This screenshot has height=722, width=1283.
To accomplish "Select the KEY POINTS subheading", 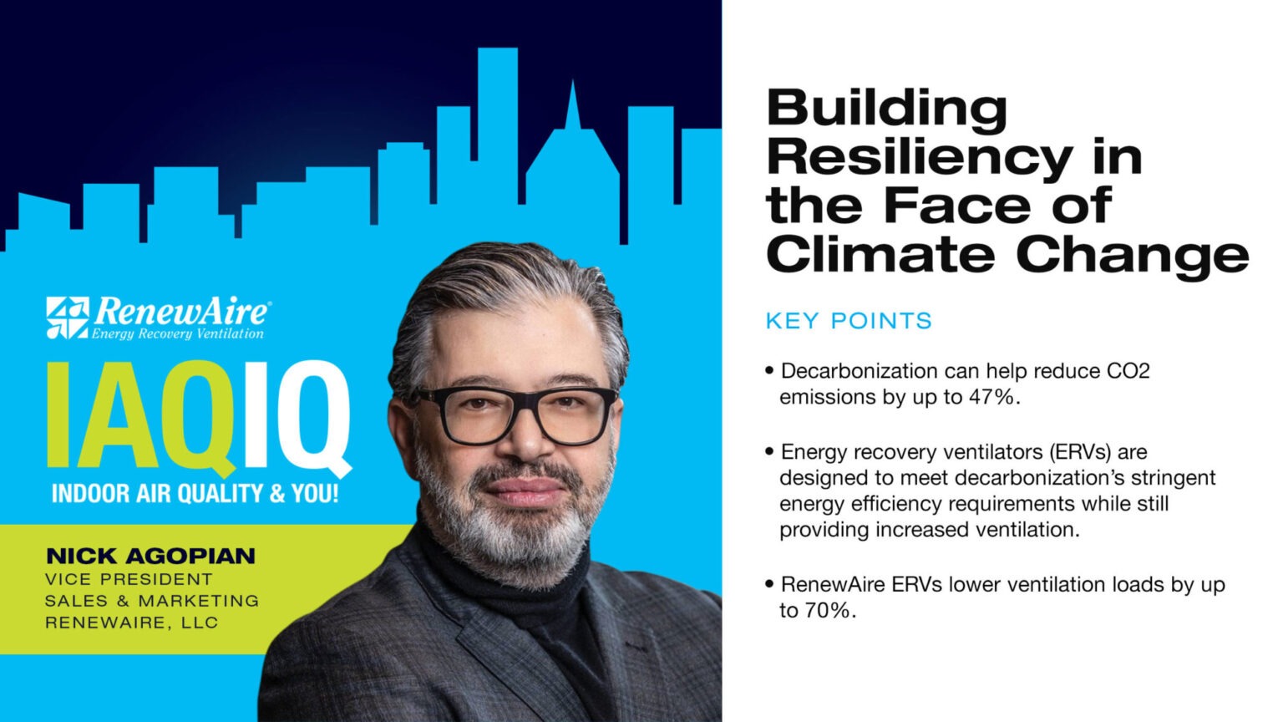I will (849, 321).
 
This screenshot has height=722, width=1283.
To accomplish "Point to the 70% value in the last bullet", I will (829, 611).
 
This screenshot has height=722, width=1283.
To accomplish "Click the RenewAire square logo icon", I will (67, 318).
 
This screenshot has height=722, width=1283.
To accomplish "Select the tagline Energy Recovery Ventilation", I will (177, 334).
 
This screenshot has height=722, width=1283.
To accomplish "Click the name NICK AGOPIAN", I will (150, 556).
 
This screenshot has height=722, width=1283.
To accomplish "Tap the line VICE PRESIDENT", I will (129, 578).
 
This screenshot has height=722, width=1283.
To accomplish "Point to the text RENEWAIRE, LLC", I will (131, 623).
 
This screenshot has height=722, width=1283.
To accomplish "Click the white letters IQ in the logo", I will (297, 415).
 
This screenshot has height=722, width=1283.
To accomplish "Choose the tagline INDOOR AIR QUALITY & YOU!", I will (195, 493).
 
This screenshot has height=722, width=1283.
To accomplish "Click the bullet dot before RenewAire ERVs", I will (769, 584).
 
